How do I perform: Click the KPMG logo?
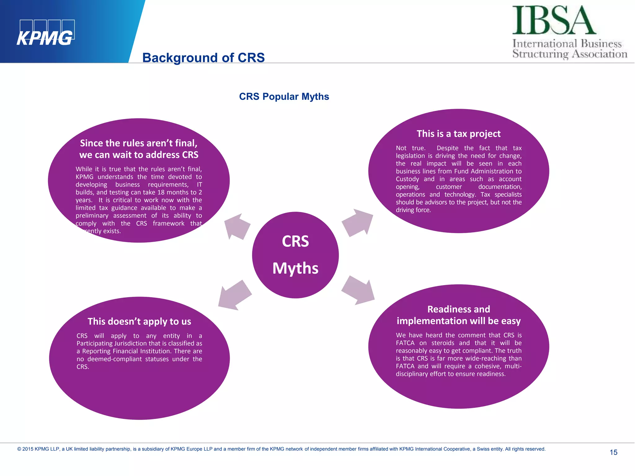pos(45,33)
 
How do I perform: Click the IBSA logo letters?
pos(554,20)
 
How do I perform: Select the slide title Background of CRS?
pos(203,58)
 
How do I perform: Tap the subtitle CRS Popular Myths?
pos(284,97)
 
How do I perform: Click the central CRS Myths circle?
pos(295,255)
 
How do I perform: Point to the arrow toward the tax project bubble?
pos(358,223)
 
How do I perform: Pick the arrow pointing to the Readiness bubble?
pos(358,290)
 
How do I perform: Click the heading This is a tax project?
pos(458,134)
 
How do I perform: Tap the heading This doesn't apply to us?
pos(139,321)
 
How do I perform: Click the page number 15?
pos(613,452)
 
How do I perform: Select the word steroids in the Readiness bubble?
pos(443,343)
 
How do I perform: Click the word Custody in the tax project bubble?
pos(407,179)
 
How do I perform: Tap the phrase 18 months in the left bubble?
pos(171,192)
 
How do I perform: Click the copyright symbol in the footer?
pos(19,449)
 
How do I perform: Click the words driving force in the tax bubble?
pos(413,210)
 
